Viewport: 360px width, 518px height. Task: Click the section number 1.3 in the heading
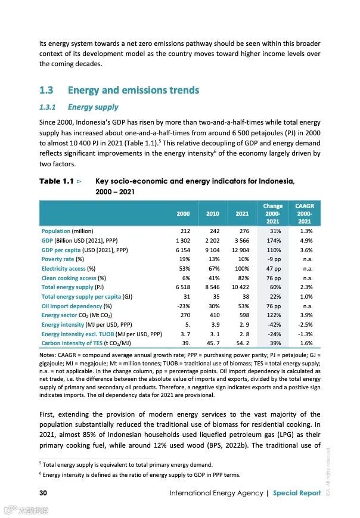click(x=46, y=91)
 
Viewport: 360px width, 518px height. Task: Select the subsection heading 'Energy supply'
click(x=93, y=107)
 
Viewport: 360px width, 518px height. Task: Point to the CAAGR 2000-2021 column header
click(x=304, y=213)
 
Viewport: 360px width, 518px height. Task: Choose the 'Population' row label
click(x=55, y=231)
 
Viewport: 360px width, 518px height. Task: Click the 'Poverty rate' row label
click(x=58, y=259)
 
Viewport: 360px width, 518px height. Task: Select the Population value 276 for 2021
click(x=243, y=231)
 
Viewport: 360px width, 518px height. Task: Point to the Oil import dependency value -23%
click(x=181, y=306)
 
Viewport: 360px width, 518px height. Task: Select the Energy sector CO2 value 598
click(x=243, y=315)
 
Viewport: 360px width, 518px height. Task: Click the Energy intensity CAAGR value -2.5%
click(x=304, y=325)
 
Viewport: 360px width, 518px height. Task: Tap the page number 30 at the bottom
click(x=44, y=493)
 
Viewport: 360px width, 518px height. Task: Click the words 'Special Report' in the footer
click(x=296, y=493)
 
